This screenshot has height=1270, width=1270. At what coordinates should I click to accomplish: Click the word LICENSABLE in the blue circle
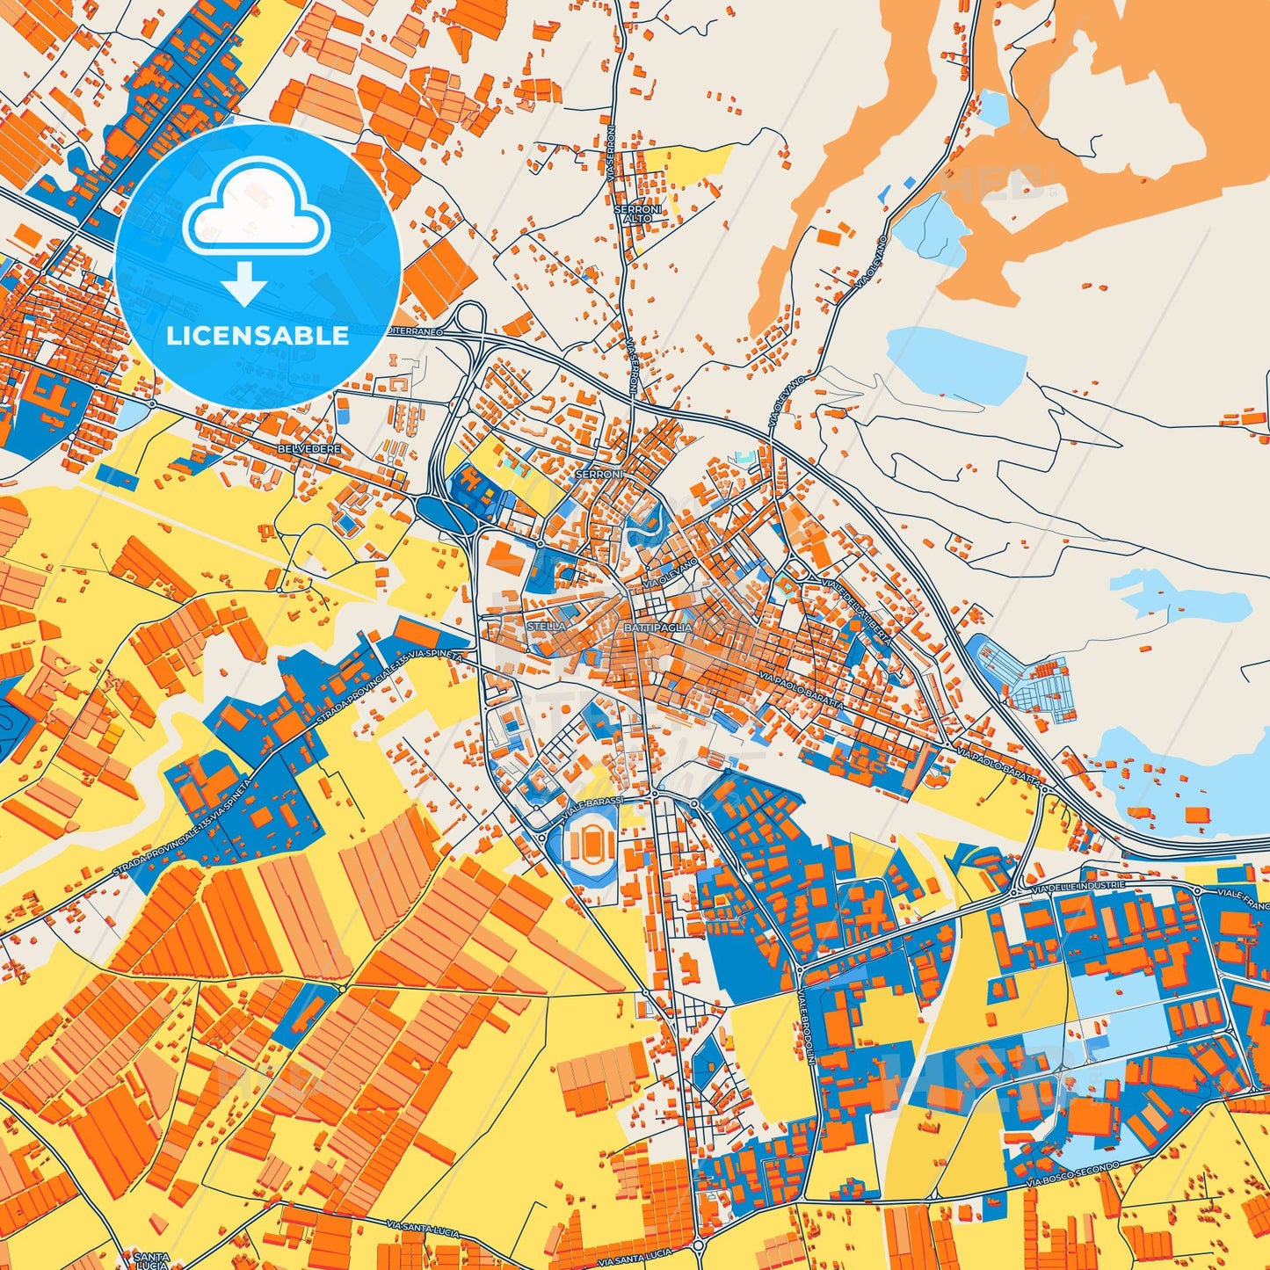coord(258,336)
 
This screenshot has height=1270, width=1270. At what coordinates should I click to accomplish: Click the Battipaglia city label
coord(657,628)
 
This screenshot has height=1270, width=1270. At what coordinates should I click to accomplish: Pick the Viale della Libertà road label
coord(857,611)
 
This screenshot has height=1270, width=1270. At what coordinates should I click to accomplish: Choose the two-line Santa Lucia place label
coord(146,1259)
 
